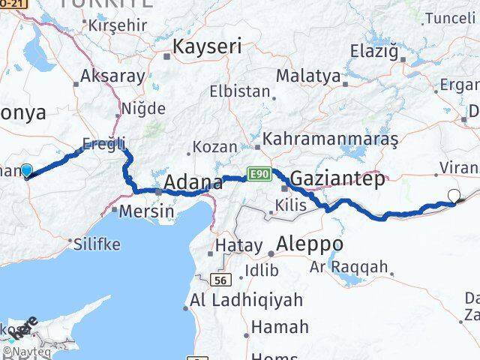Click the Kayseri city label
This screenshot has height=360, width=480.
tap(207, 47)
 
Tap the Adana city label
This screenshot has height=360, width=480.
tap(193, 182)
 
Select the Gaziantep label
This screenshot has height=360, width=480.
tap(337, 178)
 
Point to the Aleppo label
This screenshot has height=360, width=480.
tap(310, 244)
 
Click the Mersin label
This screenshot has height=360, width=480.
tap(148, 211)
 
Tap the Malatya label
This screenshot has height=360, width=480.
tap(307, 76)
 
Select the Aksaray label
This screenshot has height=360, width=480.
tap(112, 76)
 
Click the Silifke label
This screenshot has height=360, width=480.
tap(94, 243)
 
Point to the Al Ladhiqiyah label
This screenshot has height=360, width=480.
tap(247, 300)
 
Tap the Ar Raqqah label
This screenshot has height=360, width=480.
tap(348, 266)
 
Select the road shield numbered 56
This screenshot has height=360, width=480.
tap(220, 279)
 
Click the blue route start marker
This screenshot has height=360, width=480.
tap(27, 171)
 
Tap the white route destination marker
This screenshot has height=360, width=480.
tap(454, 196)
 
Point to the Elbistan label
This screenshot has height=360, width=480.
tap(239, 92)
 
